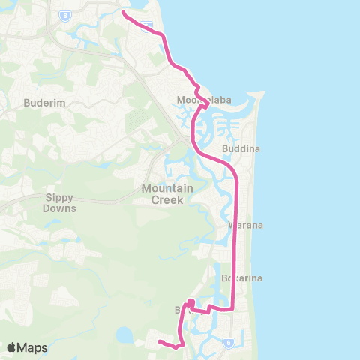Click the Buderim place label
(x=40, y=102)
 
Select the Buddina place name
(x=241, y=149)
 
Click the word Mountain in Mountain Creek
(x=168, y=188)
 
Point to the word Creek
(x=168, y=199)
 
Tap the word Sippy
(x=60, y=199)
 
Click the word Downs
(x=60, y=210)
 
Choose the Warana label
(x=242, y=225)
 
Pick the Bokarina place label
(x=241, y=278)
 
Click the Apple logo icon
(x=12, y=347)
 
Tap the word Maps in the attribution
(x=33, y=347)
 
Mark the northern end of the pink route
(x=123, y=12)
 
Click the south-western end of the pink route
(x=159, y=343)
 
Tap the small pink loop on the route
(x=190, y=303)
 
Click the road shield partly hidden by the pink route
(x=148, y=25)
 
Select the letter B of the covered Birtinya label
(x=178, y=309)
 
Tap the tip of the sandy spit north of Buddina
(x=262, y=94)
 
